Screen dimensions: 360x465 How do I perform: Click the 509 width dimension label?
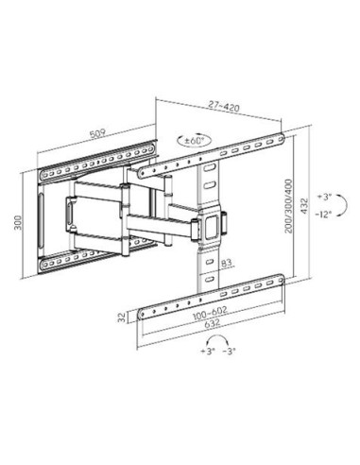[x=97, y=134]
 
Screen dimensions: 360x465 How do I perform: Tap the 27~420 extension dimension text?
[x=224, y=106]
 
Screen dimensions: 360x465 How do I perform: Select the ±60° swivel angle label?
[x=195, y=141]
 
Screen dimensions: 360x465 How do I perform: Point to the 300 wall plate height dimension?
[x=18, y=222]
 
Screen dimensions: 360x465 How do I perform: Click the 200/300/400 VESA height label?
[x=288, y=206]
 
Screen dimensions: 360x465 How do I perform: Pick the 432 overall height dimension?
[x=303, y=206]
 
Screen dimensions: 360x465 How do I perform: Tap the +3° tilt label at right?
[x=325, y=198]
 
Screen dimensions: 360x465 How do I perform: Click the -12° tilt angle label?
[x=324, y=215]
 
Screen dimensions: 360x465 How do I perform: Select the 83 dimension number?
[x=226, y=263]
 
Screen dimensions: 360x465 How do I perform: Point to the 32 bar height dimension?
[x=122, y=317]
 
